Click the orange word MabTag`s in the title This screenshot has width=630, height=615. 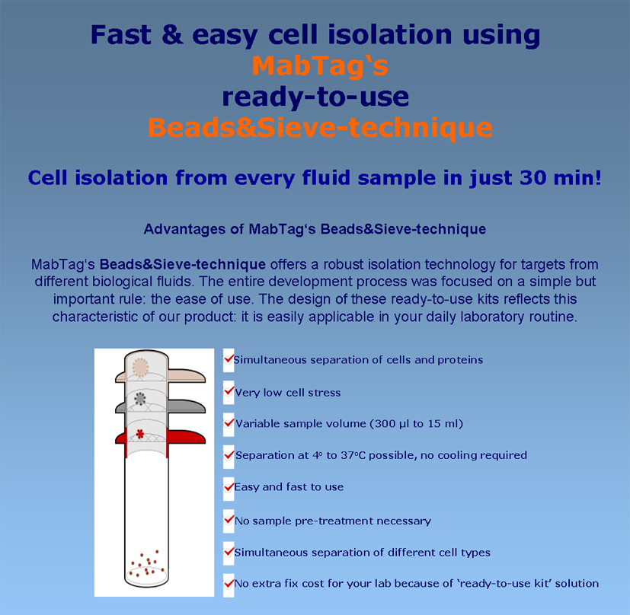(x=320, y=65)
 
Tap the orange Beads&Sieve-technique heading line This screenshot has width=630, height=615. (x=320, y=128)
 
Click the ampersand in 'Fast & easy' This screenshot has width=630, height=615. (x=172, y=34)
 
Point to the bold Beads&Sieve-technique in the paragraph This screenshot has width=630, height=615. (x=182, y=264)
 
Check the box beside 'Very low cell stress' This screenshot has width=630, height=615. (x=229, y=392)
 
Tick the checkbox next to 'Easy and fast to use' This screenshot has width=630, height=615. (x=229, y=489)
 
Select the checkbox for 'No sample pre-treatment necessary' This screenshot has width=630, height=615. (x=229, y=521)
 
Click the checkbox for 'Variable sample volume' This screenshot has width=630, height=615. (x=229, y=424)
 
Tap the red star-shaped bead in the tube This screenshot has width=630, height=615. (x=140, y=434)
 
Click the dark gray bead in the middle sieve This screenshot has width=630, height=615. (x=140, y=399)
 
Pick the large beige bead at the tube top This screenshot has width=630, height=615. (x=140, y=368)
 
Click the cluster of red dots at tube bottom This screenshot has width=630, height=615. (x=147, y=563)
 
